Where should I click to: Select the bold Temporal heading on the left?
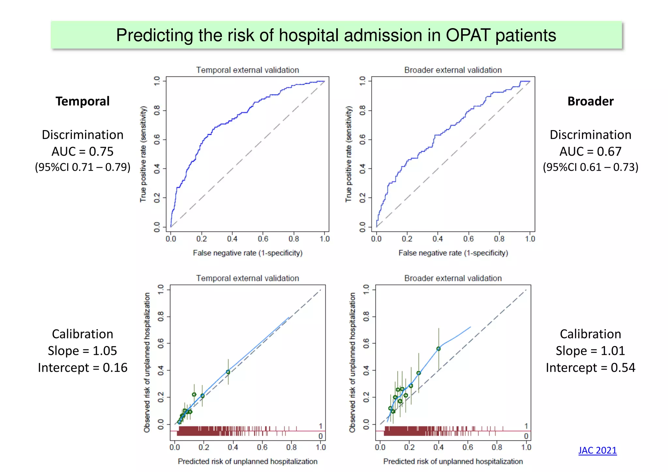(83, 101)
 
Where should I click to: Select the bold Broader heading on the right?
(590, 101)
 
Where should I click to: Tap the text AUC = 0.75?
(83, 151)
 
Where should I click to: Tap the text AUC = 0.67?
(590, 151)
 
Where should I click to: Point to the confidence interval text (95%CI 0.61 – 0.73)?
(590, 167)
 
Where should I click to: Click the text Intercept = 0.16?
(83, 368)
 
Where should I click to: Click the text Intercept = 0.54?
(590, 368)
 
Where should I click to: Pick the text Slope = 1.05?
(83, 351)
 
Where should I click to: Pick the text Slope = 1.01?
(590, 351)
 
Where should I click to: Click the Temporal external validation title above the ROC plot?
(248, 70)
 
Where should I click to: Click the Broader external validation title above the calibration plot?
(453, 278)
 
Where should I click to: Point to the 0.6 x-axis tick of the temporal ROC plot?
(263, 239)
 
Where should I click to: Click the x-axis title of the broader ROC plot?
(453, 253)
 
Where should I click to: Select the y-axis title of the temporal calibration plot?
(147, 362)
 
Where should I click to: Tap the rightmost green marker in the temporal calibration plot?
(228, 372)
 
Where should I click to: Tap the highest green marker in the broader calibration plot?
(438, 349)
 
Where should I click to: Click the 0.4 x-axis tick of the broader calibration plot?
(438, 447)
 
